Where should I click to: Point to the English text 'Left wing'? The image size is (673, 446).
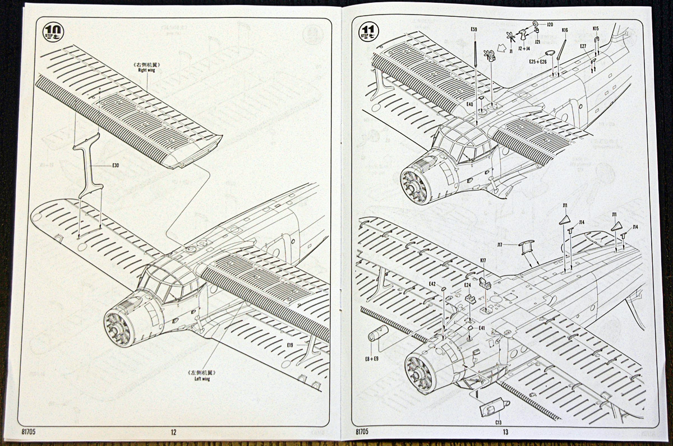point(202,379)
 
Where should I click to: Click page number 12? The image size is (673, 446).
point(173,432)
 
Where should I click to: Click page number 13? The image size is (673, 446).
point(505,432)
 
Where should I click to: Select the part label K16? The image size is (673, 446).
point(564,30)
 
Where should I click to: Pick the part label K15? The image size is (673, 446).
point(596,29)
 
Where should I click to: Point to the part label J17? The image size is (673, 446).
point(500,244)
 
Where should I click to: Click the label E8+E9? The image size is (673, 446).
point(371,358)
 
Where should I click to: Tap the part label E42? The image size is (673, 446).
point(432,284)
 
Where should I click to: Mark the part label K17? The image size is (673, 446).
point(483,260)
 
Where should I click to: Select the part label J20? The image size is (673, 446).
point(550,25)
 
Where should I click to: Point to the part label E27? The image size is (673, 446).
point(583,47)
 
